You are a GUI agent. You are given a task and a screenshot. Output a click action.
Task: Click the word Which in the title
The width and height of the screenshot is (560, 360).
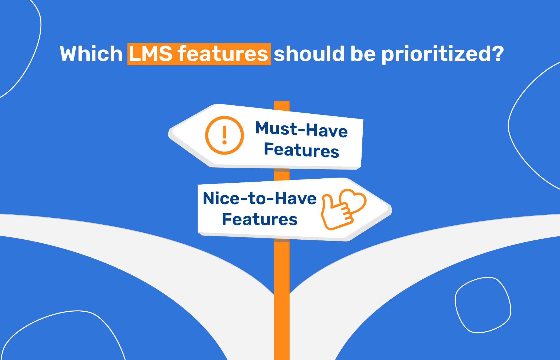pos(91,54)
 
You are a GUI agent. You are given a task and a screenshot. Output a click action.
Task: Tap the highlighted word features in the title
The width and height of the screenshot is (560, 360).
pos(223,54)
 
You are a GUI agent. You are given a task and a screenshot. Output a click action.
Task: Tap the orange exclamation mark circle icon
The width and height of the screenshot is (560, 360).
pos(224,135)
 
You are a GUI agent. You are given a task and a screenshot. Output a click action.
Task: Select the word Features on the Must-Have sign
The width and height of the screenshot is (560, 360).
pos(302,150)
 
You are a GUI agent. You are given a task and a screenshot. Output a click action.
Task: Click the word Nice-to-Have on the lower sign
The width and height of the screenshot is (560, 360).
pos(260,198)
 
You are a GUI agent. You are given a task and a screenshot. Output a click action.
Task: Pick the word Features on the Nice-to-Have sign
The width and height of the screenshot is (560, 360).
pos(260,219)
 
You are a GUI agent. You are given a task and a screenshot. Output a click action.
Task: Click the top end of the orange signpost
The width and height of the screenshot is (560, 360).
pos(281,101)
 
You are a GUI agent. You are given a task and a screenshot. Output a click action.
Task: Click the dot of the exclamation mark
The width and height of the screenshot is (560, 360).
pos(224,142)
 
